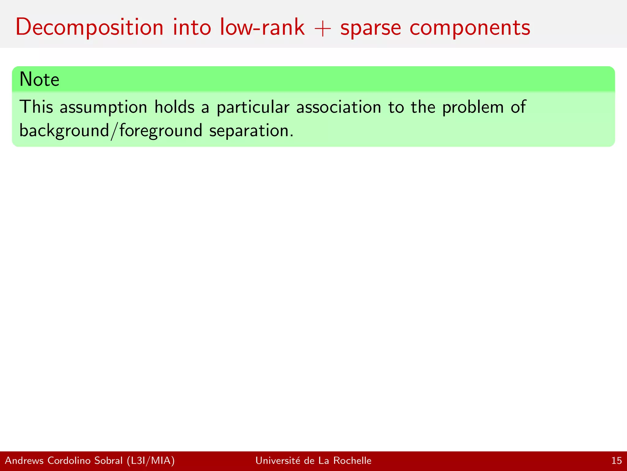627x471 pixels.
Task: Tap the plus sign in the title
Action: pos(323,29)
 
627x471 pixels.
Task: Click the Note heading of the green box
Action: pos(39,79)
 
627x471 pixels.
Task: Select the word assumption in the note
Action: pos(103,108)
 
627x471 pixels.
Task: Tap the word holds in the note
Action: pos(174,107)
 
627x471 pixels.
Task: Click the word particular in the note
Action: pos(253,108)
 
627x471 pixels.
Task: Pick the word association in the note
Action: pos(339,107)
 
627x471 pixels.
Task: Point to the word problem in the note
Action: pos(473,108)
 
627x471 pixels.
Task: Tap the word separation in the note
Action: pos(251,131)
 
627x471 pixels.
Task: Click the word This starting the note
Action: pos(36,107)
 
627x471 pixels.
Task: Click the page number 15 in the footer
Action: pos(617,461)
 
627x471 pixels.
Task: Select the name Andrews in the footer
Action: pos(24,461)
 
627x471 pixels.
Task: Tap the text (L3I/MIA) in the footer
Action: pos(151,461)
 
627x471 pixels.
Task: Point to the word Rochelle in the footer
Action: pos(352,461)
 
